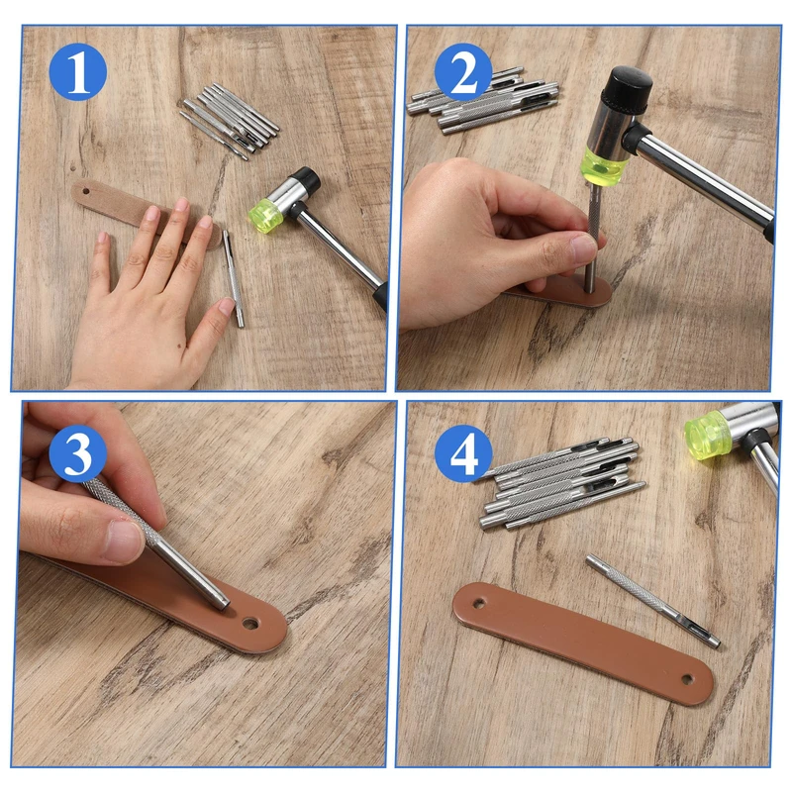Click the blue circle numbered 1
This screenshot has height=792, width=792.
click(x=78, y=71)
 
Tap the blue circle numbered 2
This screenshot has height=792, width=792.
click(x=463, y=71)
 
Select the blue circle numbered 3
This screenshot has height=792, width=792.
click(x=78, y=452)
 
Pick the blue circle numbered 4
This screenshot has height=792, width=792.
click(x=463, y=452)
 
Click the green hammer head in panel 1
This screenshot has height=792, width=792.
click(x=266, y=215)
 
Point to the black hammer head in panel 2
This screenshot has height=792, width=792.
click(x=628, y=88)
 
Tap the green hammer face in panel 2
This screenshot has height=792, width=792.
click(x=605, y=165)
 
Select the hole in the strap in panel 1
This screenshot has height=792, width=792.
click(x=86, y=191)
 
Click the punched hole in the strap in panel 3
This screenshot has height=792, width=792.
click(x=249, y=624)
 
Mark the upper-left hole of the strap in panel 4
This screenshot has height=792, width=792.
click(x=477, y=603)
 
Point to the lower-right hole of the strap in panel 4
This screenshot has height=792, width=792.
click(x=686, y=679)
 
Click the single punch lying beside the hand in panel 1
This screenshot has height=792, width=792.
click(x=234, y=278)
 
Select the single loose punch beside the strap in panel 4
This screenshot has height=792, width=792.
click(x=653, y=601)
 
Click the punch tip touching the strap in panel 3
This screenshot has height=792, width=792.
click(x=223, y=604)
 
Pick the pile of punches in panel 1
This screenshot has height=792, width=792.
click(x=229, y=121)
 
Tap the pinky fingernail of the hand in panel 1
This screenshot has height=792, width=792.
click(x=103, y=238)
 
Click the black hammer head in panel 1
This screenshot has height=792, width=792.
click(x=306, y=178)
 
